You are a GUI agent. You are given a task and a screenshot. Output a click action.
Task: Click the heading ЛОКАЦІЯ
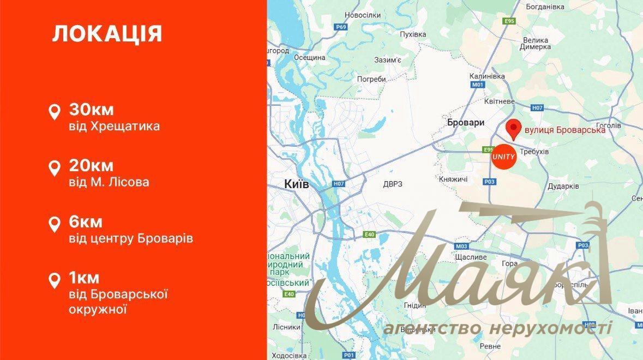107,34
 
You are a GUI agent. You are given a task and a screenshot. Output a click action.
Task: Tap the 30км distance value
91,110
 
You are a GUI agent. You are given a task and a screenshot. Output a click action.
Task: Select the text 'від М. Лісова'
109,182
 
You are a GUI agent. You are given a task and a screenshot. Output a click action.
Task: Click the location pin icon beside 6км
55,224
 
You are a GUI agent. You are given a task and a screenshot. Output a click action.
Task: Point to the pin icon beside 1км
55,280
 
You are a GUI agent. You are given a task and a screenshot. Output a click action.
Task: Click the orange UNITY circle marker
503,157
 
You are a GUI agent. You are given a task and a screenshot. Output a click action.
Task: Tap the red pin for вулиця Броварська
513,130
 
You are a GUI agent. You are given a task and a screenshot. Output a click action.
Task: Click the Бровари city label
465,123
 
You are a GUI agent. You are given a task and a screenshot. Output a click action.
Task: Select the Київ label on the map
297,184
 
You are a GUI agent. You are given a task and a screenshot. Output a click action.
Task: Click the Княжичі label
453,179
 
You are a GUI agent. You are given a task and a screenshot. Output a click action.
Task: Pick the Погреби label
371,79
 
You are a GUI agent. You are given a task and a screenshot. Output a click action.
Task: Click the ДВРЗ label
393,184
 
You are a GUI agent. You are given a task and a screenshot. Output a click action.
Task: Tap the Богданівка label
544,7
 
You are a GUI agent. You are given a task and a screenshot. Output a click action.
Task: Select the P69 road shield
341,26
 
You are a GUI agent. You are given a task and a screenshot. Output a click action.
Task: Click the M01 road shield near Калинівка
478,85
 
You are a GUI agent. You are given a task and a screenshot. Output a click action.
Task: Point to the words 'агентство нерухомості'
497,328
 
